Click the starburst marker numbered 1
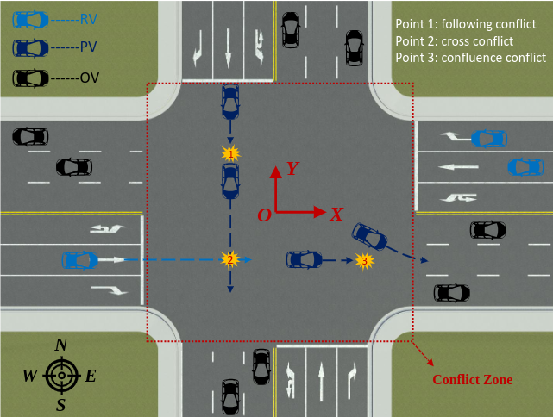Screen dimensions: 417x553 pos(229,153)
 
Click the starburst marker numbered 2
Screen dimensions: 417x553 pos(229,258)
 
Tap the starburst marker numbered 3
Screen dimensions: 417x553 pos(365,258)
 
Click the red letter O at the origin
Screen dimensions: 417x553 pos(264,215)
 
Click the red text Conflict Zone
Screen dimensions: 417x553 pos(472,379)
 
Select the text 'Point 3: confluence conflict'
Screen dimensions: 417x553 pos(470,58)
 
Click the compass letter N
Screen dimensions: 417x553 pos(61,345)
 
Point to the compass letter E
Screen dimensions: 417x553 pos(91,376)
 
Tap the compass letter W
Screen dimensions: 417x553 pos(30,376)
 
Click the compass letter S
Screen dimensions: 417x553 pos(60,404)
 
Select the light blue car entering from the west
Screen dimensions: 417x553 pos(79,258)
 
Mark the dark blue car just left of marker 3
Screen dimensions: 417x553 pos(305,258)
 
